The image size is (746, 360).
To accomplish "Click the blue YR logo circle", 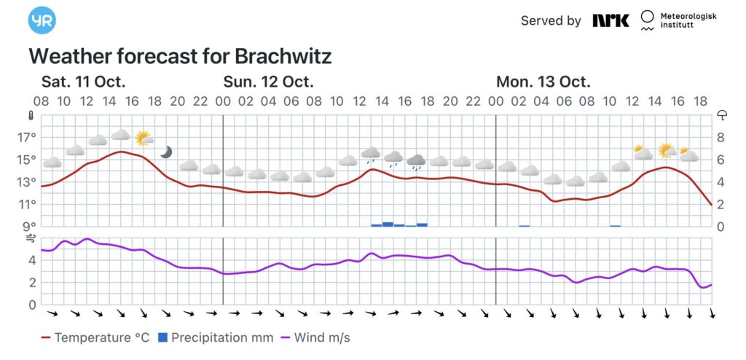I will pyautogui.click(x=42, y=20).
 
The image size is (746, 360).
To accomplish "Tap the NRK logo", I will pyautogui.click(x=610, y=20).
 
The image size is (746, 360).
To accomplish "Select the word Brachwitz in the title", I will pyautogui.click(x=283, y=57).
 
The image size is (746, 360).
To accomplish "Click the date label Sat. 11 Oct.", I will pyautogui.click(x=83, y=81).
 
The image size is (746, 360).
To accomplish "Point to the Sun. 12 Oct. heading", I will pyautogui.click(x=268, y=81).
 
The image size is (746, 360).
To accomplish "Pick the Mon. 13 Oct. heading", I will pyautogui.click(x=543, y=81).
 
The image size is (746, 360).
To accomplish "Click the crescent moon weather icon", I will pyautogui.click(x=167, y=152).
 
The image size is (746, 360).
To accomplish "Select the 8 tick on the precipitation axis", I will pyautogui.click(x=721, y=137).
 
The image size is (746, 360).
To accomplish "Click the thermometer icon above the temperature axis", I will pyautogui.click(x=31, y=115).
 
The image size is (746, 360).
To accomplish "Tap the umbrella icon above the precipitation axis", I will pyautogui.click(x=723, y=114).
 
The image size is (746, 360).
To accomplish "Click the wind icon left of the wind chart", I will pyautogui.click(x=31, y=238).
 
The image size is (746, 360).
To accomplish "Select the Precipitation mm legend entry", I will pyautogui.click(x=216, y=337).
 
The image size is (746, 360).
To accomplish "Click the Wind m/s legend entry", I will pyautogui.click(x=315, y=337).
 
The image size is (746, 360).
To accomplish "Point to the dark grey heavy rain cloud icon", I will pyautogui.click(x=416, y=161).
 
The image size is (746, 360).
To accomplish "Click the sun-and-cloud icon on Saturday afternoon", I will pyautogui.click(x=143, y=138).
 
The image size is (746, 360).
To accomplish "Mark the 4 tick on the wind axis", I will pyautogui.click(x=31, y=259).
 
